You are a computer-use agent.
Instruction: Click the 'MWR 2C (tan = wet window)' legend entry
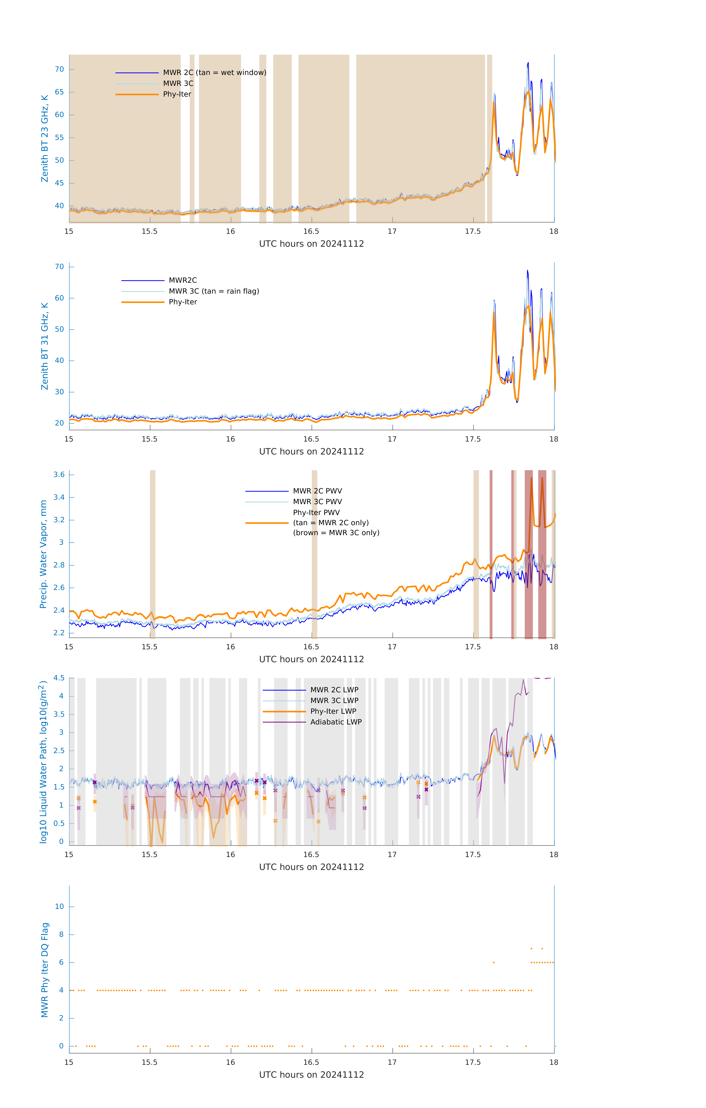pyautogui.click(x=214, y=73)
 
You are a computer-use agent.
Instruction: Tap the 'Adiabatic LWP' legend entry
pyautogui.click(x=336, y=722)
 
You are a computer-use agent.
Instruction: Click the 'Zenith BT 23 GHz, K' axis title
pyautogui.click(x=45, y=138)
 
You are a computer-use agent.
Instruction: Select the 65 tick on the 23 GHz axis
pyautogui.click(x=59, y=92)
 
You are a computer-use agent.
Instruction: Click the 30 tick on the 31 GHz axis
pyautogui.click(x=59, y=392)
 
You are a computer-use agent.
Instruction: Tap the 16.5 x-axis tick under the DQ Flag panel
pyautogui.click(x=311, y=1062)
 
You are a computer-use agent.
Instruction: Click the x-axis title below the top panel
pyautogui.click(x=311, y=244)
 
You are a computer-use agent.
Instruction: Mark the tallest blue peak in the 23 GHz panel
pyautogui.click(x=528, y=63)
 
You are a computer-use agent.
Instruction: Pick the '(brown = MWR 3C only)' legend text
pyautogui.click(x=336, y=533)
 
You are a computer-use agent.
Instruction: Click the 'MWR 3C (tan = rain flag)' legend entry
pyautogui.click(x=214, y=291)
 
